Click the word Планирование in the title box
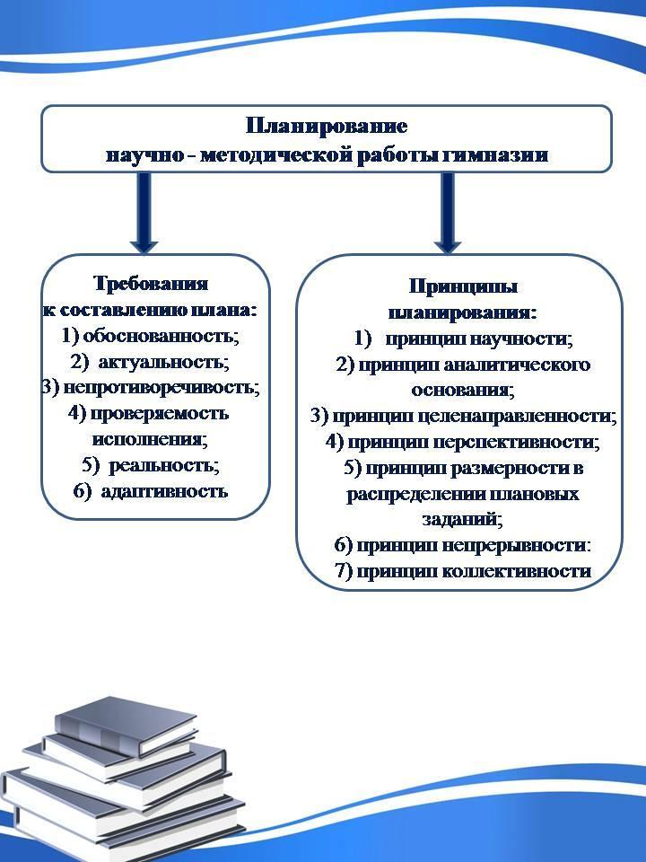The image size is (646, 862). tap(327, 126)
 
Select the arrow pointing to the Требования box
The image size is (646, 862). tap(144, 213)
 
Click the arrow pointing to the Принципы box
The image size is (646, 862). tap(448, 213)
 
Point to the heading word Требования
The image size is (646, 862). tap(151, 283)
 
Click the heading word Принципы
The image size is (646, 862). tap(463, 286)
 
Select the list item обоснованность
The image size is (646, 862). tap(161, 335)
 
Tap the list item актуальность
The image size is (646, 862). tap(163, 362)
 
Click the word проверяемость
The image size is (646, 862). tap(160, 413)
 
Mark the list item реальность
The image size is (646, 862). tap(163, 466)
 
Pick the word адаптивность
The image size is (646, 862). tap(164, 491)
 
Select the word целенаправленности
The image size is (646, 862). tap(518, 416)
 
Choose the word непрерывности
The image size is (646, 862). tap(516, 545)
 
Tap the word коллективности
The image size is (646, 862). tap(517, 571)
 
